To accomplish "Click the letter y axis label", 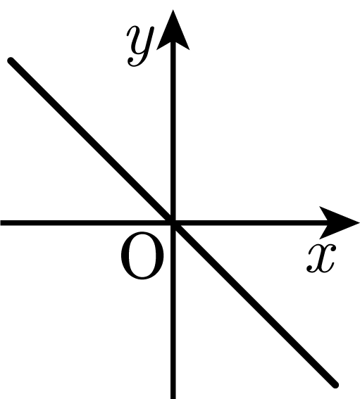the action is (x=141, y=46).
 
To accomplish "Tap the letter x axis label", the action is (x=321, y=258).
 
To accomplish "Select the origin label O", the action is (x=142, y=255).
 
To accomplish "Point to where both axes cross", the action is (x=173, y=223).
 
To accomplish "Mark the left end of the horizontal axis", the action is (x=1, y=223).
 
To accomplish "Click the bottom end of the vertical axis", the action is (x=173, y=398).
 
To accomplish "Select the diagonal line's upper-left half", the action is (x=92, y=141).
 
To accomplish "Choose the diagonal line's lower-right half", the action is (x=254, y=304).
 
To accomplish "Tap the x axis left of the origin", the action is (x=87, y=223).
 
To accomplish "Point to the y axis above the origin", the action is (x=173, y=132).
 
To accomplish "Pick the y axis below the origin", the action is (x=173, y=311).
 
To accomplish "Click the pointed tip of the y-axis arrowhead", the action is (x=173, y=10).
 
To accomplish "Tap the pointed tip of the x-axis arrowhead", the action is (x=359, y=223).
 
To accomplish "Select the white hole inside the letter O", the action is (x=142, y=255).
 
